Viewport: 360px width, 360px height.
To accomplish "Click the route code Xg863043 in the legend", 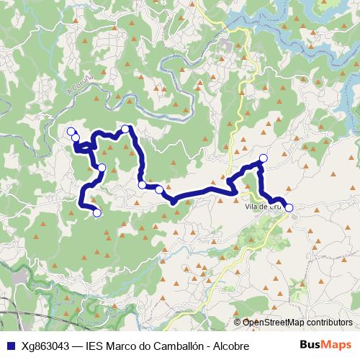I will click(x=46, y=346).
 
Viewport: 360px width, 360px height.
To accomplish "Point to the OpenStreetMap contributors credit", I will click(x=294, y=323).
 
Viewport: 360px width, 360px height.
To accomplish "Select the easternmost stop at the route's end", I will click(x=289, y=207).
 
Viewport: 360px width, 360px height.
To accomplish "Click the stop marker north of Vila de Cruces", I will click(x=263, y=158).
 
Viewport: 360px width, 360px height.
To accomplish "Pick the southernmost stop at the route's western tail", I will click(x=97, y=212).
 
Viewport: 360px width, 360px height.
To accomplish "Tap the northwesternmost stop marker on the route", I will click(x=71, y=131).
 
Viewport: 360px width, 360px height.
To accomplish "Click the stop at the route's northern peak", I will click(x=125, y=129).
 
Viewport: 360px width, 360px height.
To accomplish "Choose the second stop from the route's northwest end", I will click(x=76, y=137).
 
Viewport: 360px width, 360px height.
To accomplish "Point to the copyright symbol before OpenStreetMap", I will click(x=238, y=323).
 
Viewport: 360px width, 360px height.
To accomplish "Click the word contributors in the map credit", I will click(x=327, y=323).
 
